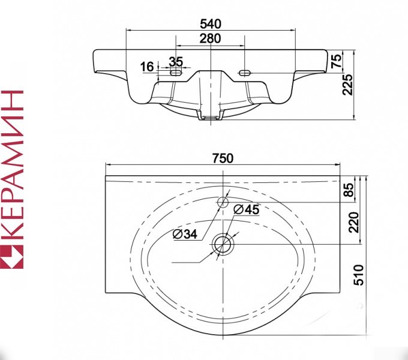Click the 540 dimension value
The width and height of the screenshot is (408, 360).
tap(211, 24)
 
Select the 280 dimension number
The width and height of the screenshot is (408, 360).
tap(211, 38)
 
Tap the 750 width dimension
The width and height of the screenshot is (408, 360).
tap(222, 158)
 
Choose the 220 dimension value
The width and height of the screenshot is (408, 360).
tap(353, 223)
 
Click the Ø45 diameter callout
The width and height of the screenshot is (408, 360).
tap(247, 209)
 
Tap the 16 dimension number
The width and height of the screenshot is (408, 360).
tap(147, 66)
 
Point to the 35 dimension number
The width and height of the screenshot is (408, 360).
tap(175, 61)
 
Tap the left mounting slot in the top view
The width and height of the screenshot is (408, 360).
tap(176, 73)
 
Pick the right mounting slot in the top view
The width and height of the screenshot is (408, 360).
tap(245, 73)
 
